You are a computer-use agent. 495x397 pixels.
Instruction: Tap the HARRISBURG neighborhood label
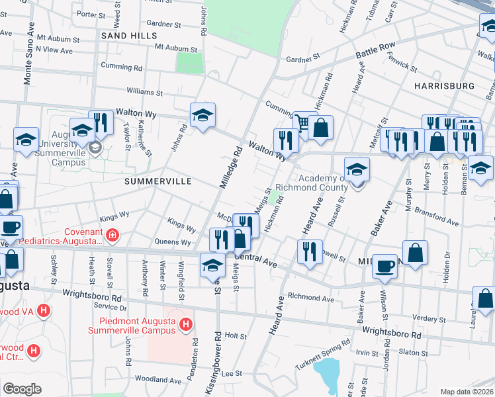tap(444, 86)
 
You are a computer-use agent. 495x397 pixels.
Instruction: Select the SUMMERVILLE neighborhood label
tap(158, 181)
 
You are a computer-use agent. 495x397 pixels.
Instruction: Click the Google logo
tap(22, 389)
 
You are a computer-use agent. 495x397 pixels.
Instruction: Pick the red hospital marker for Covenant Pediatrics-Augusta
tap(113, 234)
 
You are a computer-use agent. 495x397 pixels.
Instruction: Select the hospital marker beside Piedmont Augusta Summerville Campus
tap(186, 325)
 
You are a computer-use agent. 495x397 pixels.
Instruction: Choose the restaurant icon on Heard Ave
tap(310, 251)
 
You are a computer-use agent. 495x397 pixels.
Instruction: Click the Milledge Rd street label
tap(232, 165)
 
